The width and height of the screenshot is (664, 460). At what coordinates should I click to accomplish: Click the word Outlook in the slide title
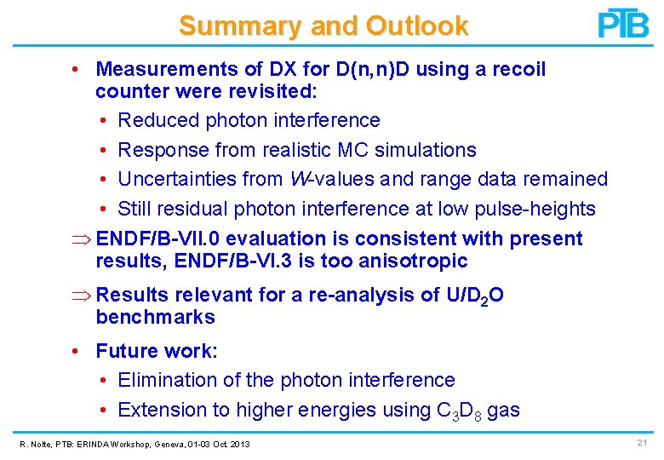[417, 26]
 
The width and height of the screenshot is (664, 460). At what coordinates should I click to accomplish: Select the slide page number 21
[641, 443]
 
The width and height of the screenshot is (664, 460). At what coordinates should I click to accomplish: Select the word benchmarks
[155, 318]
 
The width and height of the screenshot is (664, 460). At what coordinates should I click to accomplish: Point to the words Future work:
[157, 351]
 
